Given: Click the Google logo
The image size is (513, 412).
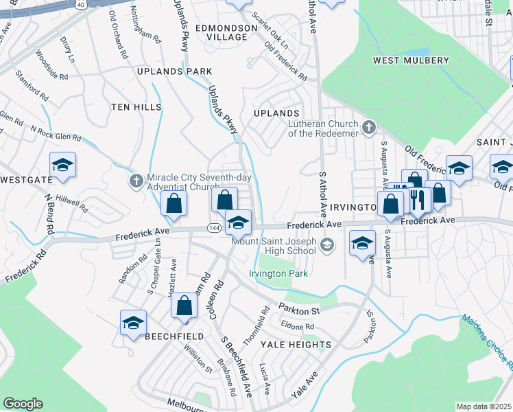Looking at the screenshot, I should [23, 404].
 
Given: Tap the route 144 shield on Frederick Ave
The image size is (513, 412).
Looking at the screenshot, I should [214, 228].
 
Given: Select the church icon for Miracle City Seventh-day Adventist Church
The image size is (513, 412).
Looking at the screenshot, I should [136, 181].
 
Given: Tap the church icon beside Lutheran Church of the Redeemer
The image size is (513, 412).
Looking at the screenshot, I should [369, 127].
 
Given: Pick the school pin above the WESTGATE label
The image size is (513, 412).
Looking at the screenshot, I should [62, 165].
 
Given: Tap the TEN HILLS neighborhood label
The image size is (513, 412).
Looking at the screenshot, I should [137, 107].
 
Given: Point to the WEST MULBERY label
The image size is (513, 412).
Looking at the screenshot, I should [411, 60].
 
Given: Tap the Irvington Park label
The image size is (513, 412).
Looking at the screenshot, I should [278, 274].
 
